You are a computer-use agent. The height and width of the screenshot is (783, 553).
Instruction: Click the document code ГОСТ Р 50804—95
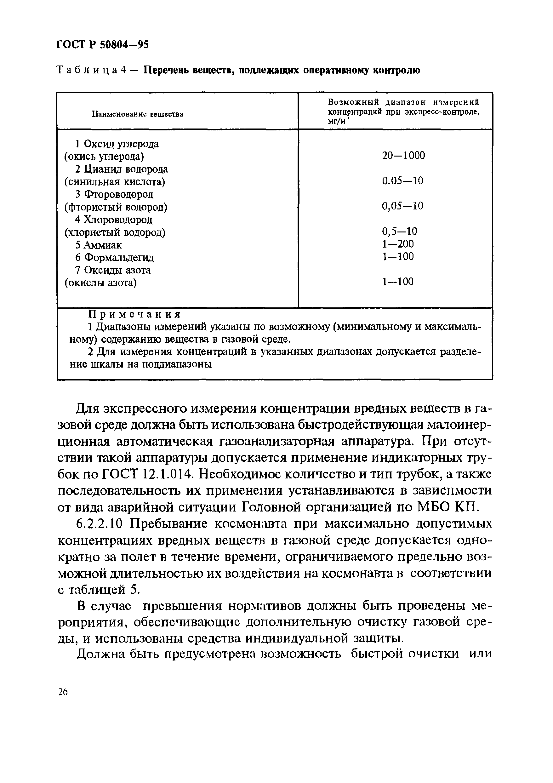coord(102,45)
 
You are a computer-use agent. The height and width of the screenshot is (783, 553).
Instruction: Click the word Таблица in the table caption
coord(87,70)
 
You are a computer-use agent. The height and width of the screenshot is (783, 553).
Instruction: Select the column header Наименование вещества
coord(137,114)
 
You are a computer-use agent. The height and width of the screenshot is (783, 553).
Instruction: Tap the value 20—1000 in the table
coord(403,156)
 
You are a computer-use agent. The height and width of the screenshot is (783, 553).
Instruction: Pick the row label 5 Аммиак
coord(99,245)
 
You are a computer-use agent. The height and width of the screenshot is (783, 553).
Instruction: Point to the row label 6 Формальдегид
coord(115,257)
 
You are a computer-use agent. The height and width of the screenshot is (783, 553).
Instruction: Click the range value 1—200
coord(397,244)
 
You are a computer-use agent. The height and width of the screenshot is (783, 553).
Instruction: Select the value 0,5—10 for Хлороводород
coord(399,231)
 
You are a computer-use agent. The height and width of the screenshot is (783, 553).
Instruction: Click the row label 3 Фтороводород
coord(114,194)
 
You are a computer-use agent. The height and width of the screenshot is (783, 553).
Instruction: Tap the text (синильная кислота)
coord(115,182)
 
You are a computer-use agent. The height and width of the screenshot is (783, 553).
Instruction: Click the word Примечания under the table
coord(135,314)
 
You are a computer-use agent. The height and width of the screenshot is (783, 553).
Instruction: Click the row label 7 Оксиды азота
coord(113,270)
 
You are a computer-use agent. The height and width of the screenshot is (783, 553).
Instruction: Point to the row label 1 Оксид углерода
coord(117,144)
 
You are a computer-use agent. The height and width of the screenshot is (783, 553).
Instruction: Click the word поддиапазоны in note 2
coord(177,364)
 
